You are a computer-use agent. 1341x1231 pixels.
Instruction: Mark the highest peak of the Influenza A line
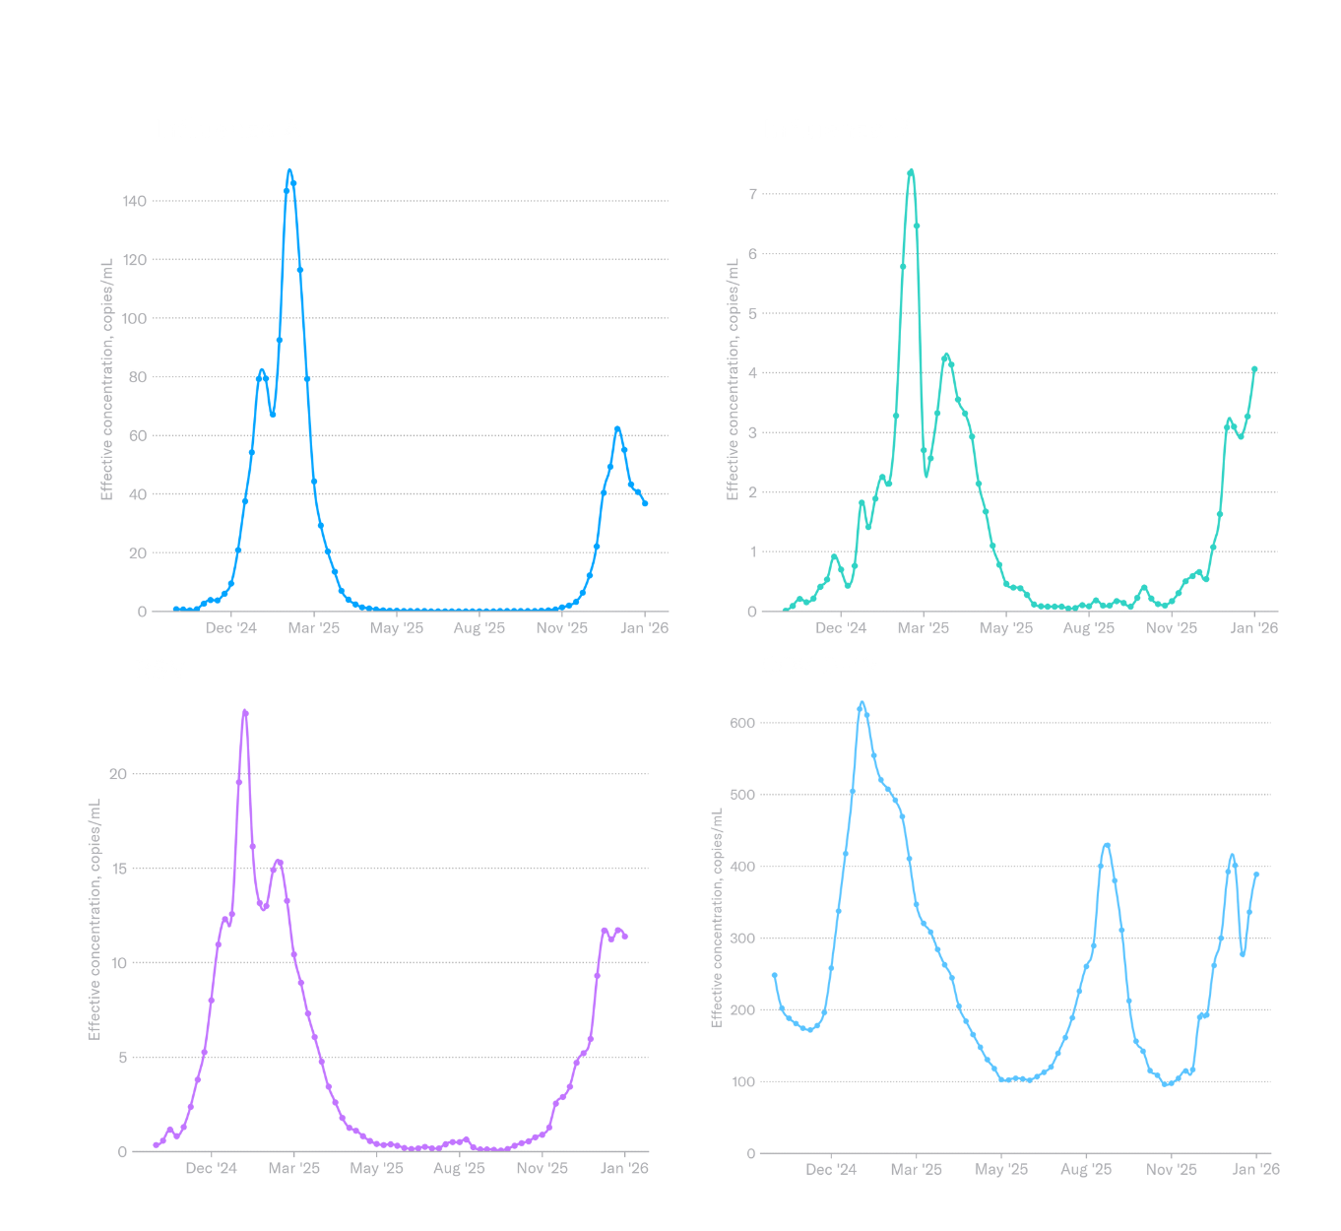(289, 171)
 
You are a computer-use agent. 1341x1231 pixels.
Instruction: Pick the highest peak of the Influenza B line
(911, 172)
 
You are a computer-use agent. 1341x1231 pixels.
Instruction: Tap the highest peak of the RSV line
(245, 712)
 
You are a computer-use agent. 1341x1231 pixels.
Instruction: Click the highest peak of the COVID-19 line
(862, 705)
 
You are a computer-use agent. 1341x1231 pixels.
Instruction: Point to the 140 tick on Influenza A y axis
(135, 201)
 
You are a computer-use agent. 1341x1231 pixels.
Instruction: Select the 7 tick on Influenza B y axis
(752, 194)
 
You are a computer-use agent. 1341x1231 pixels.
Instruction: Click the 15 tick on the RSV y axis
(119, 869)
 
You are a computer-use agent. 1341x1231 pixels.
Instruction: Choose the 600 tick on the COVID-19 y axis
(741, 723)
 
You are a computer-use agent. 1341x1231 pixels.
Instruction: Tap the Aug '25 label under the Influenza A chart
(479, 628)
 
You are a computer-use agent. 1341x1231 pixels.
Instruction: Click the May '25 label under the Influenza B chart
(1005, 628)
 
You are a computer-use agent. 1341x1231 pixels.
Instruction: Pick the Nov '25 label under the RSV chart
(542, 1169)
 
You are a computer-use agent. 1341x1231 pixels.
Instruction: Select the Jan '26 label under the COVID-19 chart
(1255, 1170)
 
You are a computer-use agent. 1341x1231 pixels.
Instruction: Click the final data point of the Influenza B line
(1254, 370)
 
